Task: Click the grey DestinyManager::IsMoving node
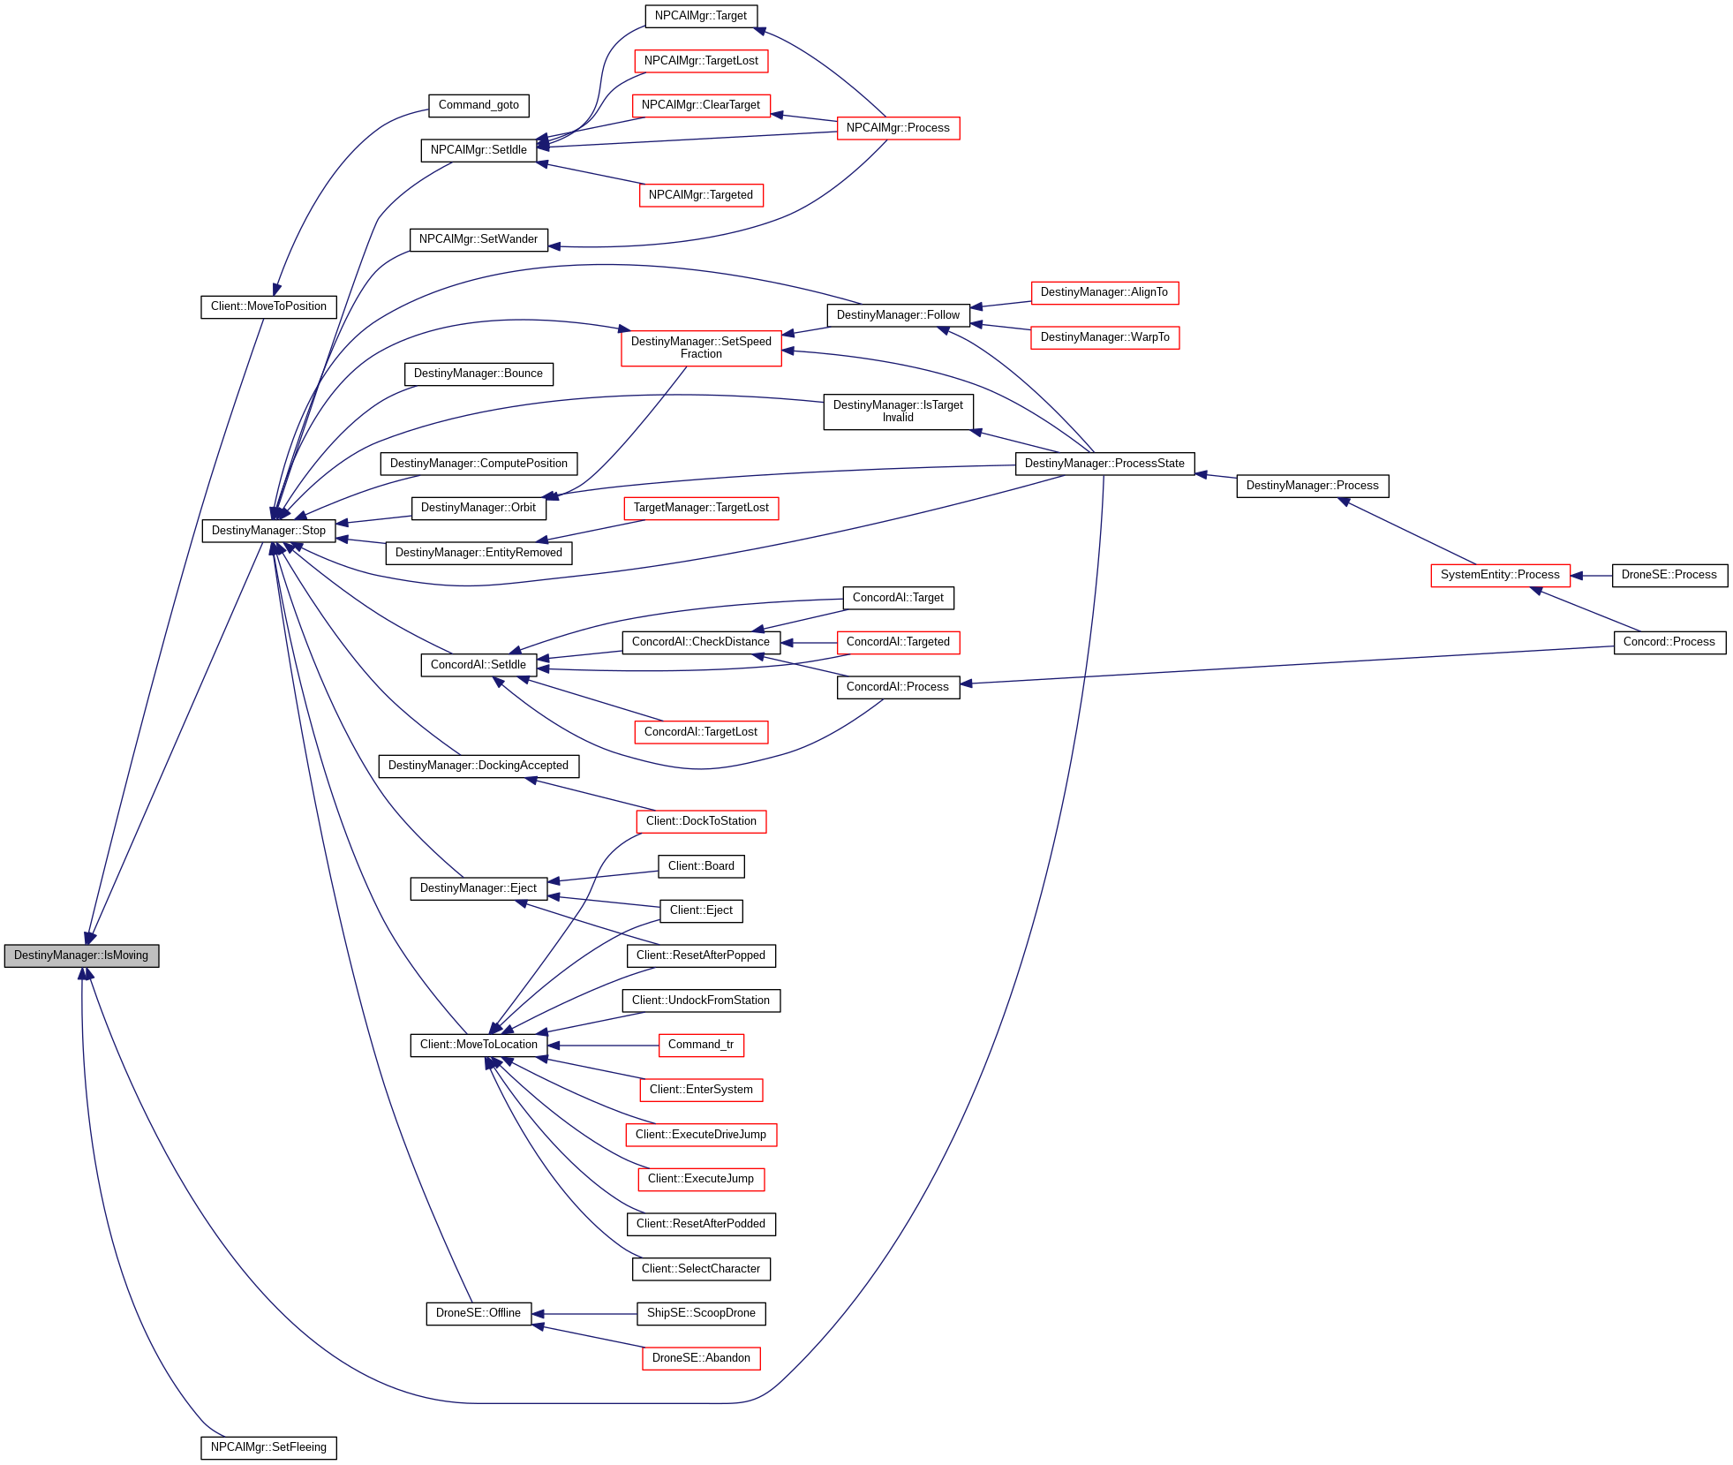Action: (81, 955)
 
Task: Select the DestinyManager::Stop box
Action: (268, 531)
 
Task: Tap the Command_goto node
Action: (478, 105)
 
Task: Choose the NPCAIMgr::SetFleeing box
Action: (268, 1447)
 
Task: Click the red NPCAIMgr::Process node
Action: (898, 128)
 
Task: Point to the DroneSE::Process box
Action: (1669, 575)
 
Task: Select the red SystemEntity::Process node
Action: (1500, 575)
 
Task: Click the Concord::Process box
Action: (1669, 642)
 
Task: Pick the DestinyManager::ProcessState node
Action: (1104, 464)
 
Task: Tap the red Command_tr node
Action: (701, 1045)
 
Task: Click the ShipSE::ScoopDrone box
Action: (701, 1313)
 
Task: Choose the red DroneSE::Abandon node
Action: (701, 1358)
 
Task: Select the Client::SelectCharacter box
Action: (701, 1269)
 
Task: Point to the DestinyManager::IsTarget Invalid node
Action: (898, 412)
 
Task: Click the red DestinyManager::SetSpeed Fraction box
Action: (701, 348)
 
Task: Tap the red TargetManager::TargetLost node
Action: (701, 508)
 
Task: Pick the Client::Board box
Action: (701, 866)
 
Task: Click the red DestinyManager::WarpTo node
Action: (1104, 337)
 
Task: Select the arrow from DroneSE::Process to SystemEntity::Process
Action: (1592, 576)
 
